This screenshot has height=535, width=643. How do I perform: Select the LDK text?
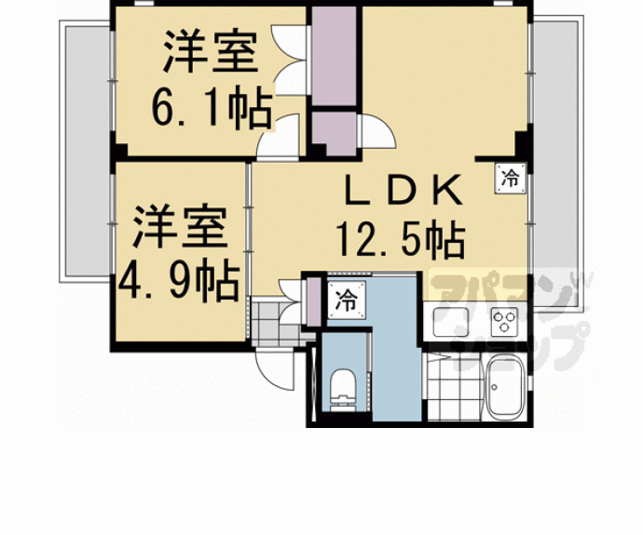[404, 193]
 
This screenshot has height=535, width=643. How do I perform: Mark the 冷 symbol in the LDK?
[510, 177]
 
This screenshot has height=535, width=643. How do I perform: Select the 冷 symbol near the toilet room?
[345, 301]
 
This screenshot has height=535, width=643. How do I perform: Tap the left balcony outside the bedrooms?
[86, 149]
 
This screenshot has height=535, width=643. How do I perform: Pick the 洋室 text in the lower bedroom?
[177, 229]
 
